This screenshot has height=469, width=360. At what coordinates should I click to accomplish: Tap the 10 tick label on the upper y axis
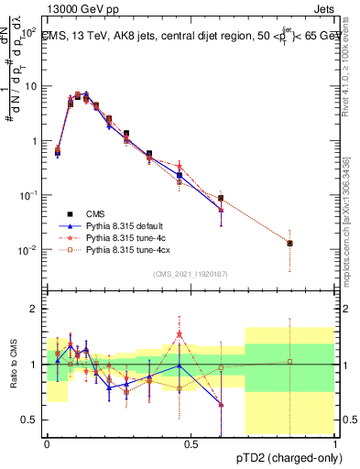32,86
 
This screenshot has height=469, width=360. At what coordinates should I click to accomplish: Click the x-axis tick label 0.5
191,444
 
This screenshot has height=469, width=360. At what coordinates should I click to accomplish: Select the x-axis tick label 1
335,444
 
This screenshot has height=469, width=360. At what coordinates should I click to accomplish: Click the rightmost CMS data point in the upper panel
289,243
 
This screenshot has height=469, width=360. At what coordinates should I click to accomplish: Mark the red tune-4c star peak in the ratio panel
180,334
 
